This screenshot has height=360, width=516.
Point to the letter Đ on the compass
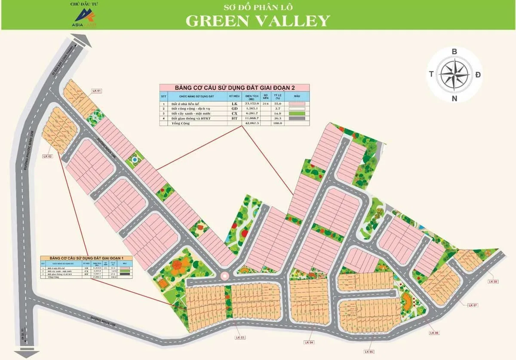pyautogui.click(x=478, y=75)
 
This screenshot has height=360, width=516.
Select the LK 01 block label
pyautogui.click(x=97, y=91)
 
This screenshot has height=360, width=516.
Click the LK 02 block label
pyautogui.click(x=47, y=156)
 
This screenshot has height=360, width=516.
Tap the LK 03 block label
pyautogui.click(x=240, y=338)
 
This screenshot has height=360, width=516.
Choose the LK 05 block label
pyautogui.click(x=369, y=352)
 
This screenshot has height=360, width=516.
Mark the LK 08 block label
pyautogui.click(x=493, y=282)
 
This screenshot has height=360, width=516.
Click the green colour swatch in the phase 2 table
pyautogui.click(x=296, y=113)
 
